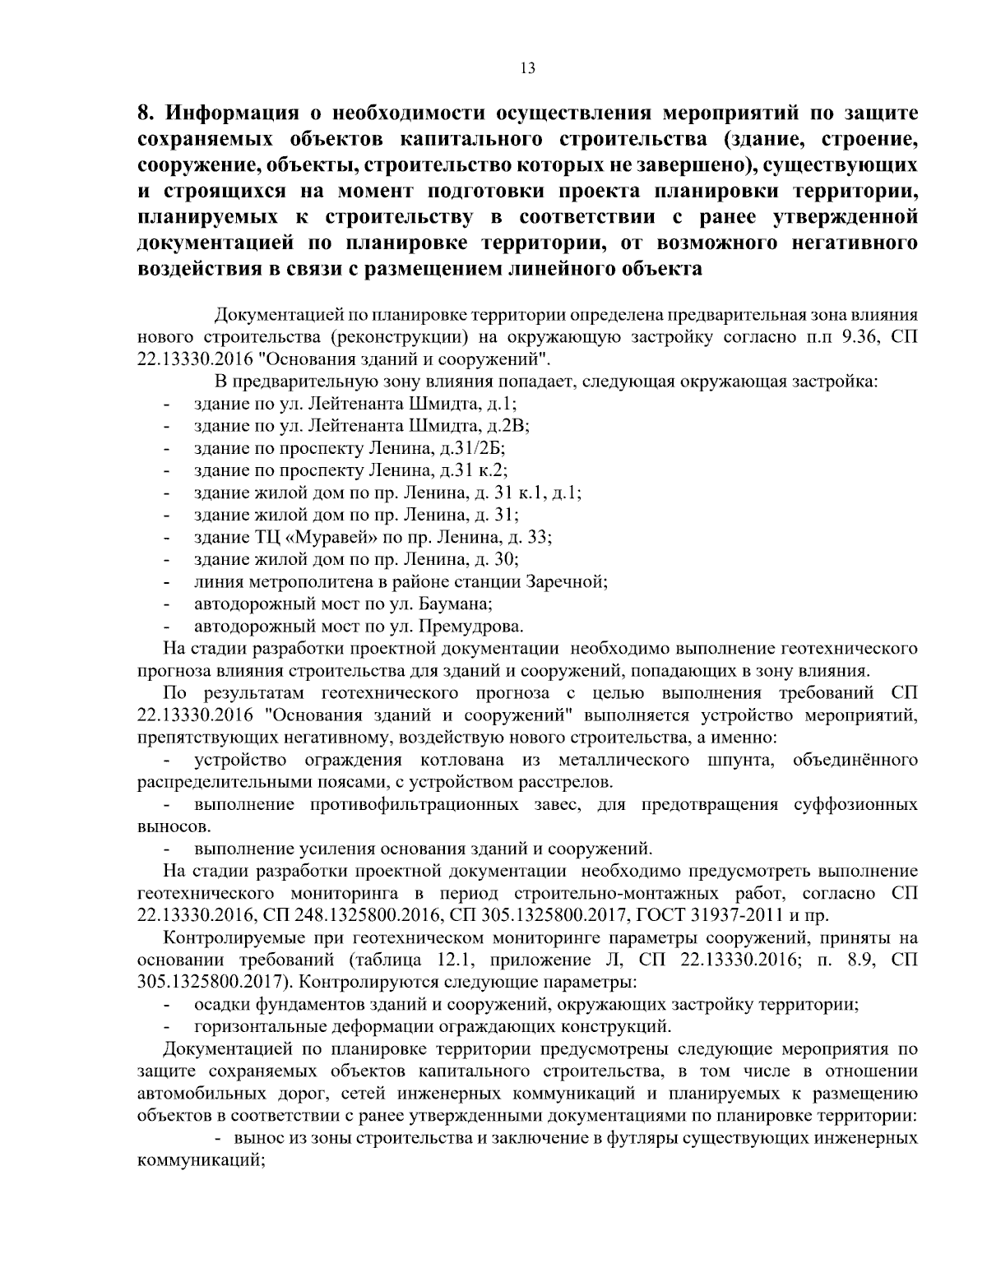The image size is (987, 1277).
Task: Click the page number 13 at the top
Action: click(528, 69)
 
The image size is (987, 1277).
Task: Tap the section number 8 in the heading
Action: click(143, 112)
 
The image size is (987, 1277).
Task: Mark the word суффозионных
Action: click(855, 803)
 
